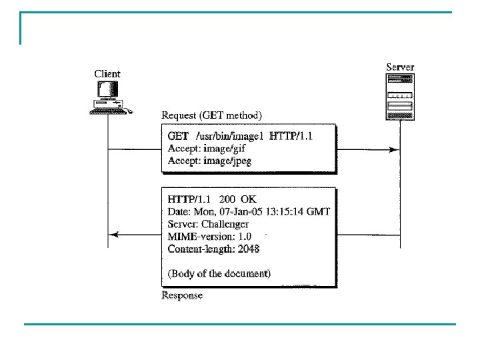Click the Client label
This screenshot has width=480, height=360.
pyautogui.click(x=107, y=73)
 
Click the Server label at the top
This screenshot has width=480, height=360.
pyautogui.click(x=400, y=67)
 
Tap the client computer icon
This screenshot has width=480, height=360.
pyautogui.click(x=109, y=96)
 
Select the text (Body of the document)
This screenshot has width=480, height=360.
pyautogui.click(x=219, y=273)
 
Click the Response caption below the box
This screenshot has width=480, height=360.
pyautogui.click(x=182, y=295)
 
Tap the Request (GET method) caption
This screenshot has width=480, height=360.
pyautogui.click(x=212, y=115)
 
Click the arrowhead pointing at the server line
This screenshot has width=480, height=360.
pyautogui.click(x=396, y=149)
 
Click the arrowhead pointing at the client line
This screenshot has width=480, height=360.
pyautogui.click(x=114, y=235)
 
